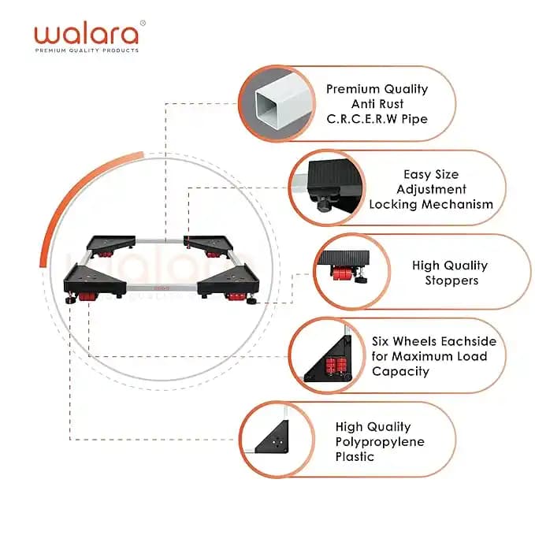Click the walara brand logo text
coord(87,34)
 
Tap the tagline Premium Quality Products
coord(87,50)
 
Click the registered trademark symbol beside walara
coord(143,23)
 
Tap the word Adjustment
coord(431,189)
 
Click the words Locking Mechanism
coord(431,204)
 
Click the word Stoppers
coord(451,281)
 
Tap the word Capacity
coord(400,371)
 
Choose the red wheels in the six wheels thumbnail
coord(336,366)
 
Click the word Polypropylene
coord(380,442)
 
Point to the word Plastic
coord(355,456)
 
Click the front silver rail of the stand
coord(162,288)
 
